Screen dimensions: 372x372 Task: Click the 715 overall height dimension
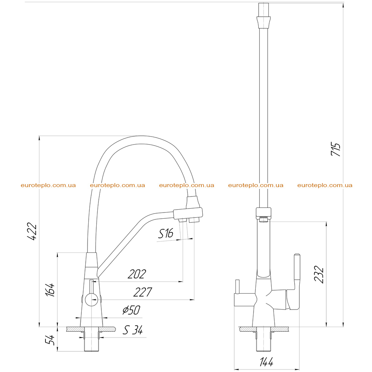click(335, 149)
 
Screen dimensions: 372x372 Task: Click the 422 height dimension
click(32, 231)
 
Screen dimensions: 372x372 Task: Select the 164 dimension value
click(50, 290)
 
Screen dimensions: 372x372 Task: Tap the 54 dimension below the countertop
click(50, 340)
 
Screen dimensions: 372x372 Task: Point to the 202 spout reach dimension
click(137, 274)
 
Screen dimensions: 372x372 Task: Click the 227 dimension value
click(142, 292)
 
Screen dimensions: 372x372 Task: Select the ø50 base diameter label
click(131, 310)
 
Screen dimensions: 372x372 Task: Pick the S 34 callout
click(133, 330)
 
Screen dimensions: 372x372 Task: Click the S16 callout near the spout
click(166, 234)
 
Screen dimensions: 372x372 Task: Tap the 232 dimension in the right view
click(319, 274)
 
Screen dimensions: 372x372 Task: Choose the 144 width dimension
click(266, 362)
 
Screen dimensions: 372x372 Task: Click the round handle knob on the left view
click(91, 299)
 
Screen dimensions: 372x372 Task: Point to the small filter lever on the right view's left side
click(237, 287)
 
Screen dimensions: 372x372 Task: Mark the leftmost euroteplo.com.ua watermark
click(48, 185)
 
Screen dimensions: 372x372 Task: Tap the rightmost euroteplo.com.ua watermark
click(325, 185)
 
